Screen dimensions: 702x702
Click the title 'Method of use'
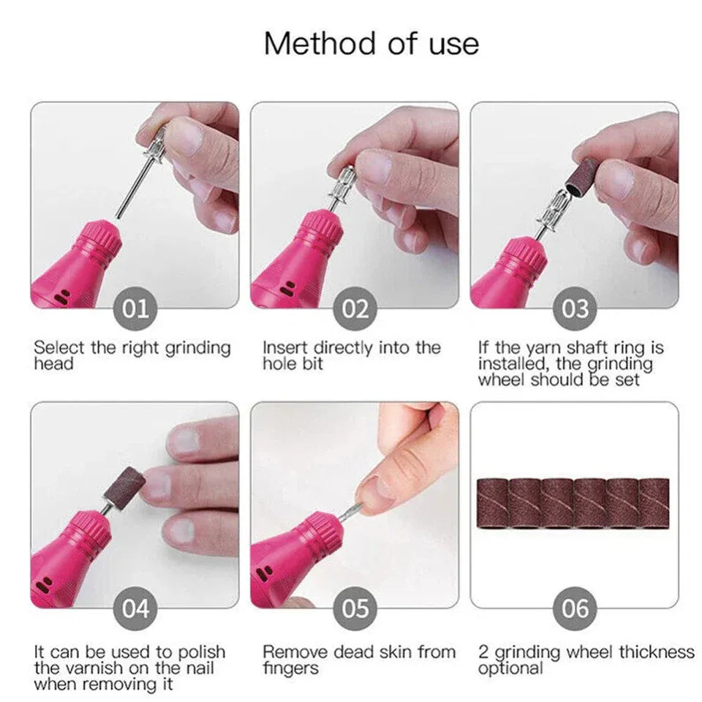371,43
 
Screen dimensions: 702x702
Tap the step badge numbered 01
135,309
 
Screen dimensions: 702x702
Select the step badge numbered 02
355,309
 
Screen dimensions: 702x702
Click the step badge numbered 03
575,309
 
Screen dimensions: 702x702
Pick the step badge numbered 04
135,608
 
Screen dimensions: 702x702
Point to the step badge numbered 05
355,608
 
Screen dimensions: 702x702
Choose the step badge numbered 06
575,608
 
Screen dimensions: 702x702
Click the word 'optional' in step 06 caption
510,668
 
